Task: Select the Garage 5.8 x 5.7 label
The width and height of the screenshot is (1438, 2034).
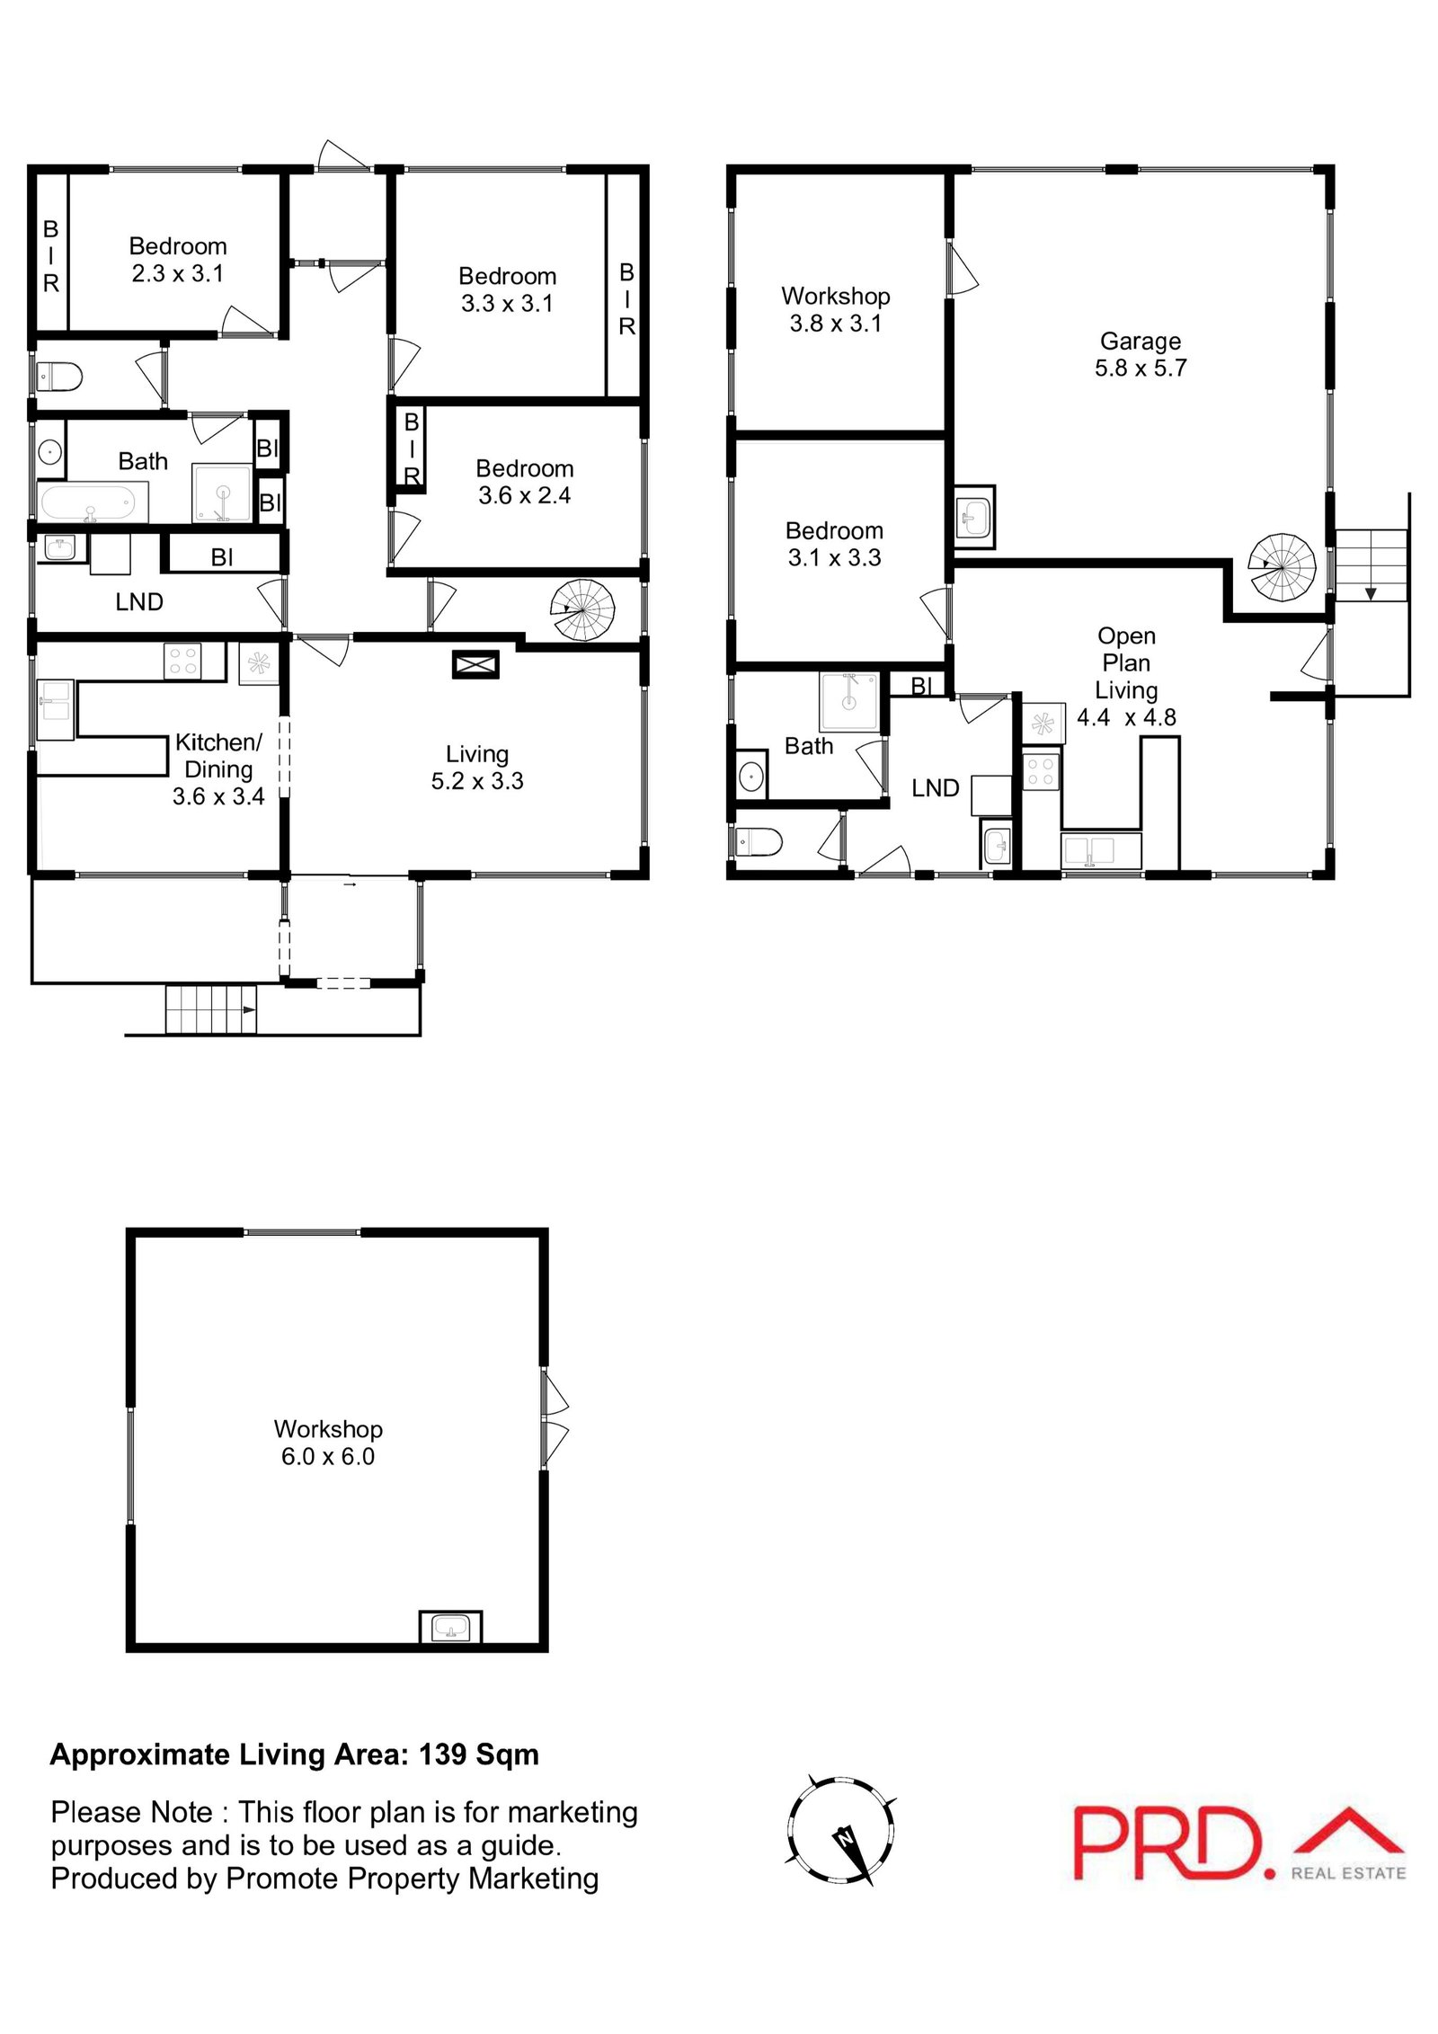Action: click(1140, 354)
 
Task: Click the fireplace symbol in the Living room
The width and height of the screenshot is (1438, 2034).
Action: click(475, 665)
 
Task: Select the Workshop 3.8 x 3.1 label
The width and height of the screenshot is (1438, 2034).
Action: click(835, 309)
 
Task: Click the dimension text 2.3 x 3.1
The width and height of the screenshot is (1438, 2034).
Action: click(177, 273)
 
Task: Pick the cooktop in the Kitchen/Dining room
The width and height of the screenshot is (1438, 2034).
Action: click(182, 662)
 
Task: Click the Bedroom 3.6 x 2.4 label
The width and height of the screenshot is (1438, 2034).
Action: click(524, 482)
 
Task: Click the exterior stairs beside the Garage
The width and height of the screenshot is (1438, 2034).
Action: click(1370, 565)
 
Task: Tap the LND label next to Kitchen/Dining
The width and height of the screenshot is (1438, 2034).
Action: click(139, 602)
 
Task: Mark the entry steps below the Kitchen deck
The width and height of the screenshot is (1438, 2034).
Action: click(210, 1009)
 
